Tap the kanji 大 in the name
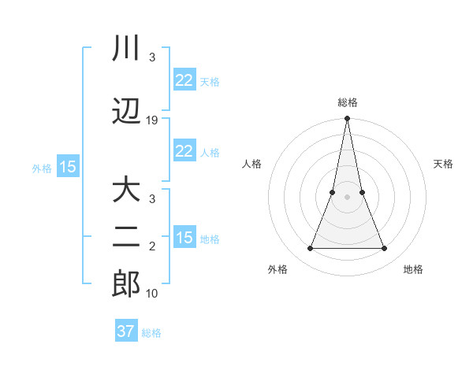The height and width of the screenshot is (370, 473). (126, 191)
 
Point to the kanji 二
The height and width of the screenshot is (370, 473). (126, 238)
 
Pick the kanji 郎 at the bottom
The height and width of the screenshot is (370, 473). (126, 284)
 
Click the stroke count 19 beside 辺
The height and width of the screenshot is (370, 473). (152, 120)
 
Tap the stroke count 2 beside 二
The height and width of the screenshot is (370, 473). (152, 246)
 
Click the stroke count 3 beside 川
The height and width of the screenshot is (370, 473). (152, 57)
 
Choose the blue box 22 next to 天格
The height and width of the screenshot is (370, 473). (184, 80)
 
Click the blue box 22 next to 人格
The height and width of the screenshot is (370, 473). (184, 151)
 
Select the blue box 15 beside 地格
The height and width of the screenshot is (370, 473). (184, 238)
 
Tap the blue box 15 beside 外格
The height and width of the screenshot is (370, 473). (68, 167)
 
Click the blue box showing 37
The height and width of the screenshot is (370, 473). (126, 331)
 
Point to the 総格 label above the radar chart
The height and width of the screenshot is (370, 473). (348, 102)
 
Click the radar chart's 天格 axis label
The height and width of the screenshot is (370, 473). (444, 164)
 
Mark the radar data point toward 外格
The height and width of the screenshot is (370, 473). (310, 249)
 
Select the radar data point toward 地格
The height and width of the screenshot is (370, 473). (385, 249)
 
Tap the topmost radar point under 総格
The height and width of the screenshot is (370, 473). (348, 119)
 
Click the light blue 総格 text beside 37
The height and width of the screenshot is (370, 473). (151, 333)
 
